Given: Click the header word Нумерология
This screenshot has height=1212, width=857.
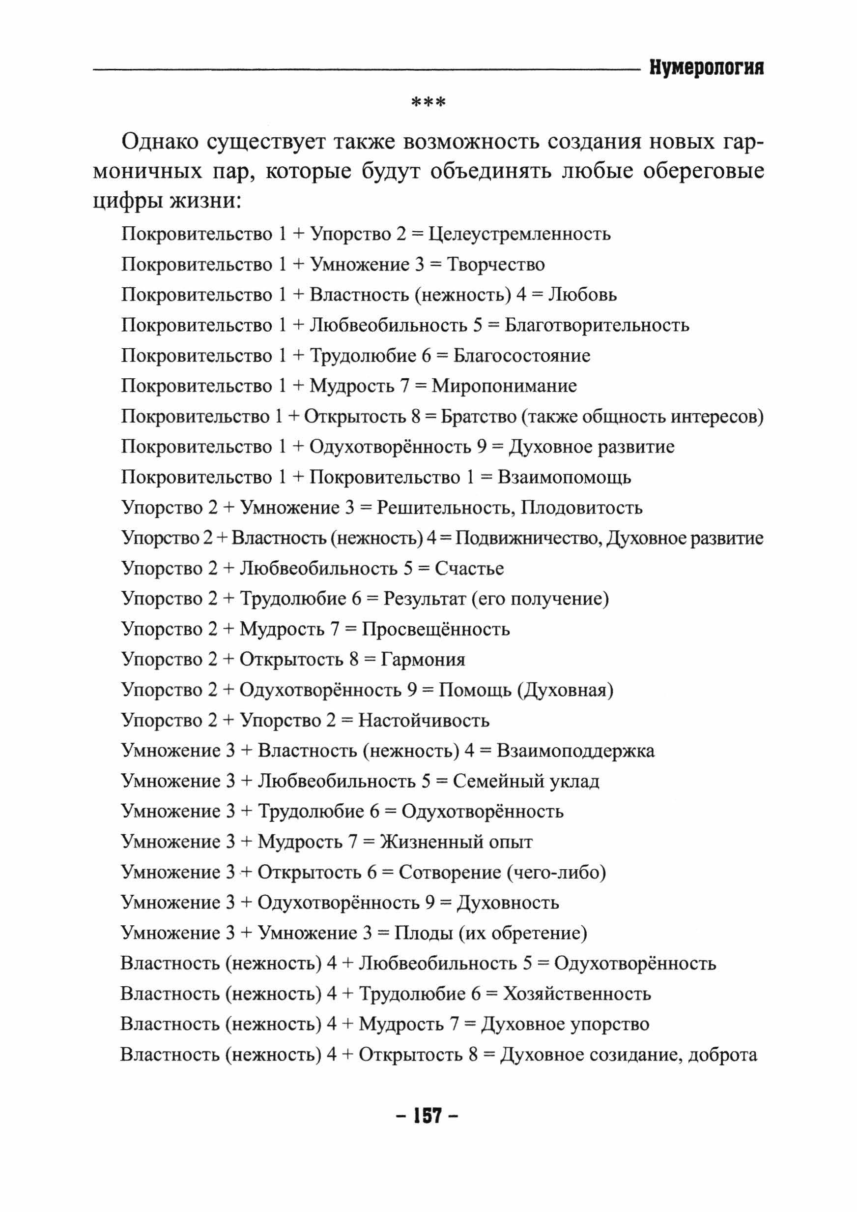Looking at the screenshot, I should pyautogui.click(x=706, y=67).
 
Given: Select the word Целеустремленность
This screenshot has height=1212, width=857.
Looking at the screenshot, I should pyautogui.click(x=519, y=234).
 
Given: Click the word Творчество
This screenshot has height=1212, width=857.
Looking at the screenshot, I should pyautogui.click(x=496, y=265).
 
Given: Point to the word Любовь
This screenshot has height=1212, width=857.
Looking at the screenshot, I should pyautogui.click(x=582, y=295).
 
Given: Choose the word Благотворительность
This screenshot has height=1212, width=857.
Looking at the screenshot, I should pyautogui.click(x=596, y=325).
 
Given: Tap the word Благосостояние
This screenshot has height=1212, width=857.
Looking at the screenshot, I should pyautogui.click(x=521, y=356).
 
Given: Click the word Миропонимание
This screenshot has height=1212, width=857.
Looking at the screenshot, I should pyautogui.click(x=504, y=386).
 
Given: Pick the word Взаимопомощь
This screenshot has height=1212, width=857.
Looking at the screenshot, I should pyautogui.click(x=564, y=478).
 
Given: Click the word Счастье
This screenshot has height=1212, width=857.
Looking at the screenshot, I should pyautogui.click(x=469, y=569).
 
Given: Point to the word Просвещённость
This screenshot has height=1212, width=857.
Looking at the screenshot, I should pyautogui.click(x=436, y=630).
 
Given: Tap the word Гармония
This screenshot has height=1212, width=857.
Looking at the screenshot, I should pyautogui.click(x=423, y=660).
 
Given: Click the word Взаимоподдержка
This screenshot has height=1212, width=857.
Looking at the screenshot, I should pyautogui.click(x=575, y=751).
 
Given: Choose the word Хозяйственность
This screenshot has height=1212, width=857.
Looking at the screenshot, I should pyautogui.click(x=576, y=994).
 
